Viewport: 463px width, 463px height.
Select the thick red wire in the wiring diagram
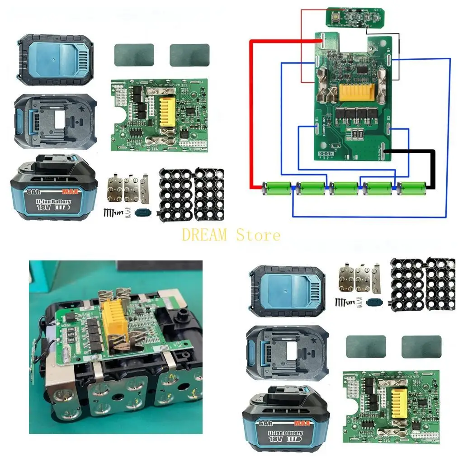click(x=251, y=113)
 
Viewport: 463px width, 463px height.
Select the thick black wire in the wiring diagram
click(x=433, y=167)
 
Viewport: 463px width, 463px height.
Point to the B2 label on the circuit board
click(x=388, y=118)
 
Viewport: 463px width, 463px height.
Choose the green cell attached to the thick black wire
click(x=411, y=186)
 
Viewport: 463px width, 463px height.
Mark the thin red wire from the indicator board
click(x=302, y=45)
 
